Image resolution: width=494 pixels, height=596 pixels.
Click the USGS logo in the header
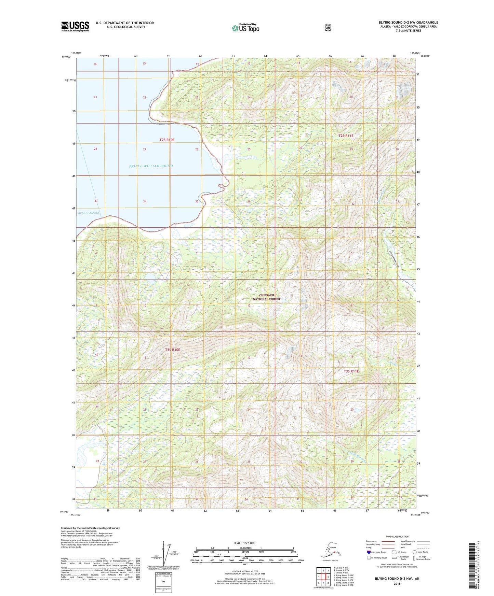(x=75, y=26)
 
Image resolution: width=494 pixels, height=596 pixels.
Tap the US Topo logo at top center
(x=245, y=28)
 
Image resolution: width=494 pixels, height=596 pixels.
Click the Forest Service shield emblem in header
(x=328, y=28)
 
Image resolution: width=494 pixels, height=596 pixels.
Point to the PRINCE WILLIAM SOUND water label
(x=151, y=166)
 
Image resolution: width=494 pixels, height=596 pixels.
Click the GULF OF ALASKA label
(x=89, y=213)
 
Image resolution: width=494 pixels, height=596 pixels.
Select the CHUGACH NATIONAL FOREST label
(x=266, y=297)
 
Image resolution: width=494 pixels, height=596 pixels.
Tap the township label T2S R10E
(x=167, y=140)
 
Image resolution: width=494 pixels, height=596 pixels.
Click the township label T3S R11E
(x=351, y=371)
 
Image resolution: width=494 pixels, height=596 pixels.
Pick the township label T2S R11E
(x=346, y=136)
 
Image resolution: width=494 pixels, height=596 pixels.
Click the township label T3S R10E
(x=172, y=350)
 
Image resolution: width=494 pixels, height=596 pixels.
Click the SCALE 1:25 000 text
(x=244, y=543)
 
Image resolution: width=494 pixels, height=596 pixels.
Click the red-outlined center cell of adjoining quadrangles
(x=323, y=577)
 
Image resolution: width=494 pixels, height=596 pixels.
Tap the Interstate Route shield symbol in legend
(x=369, y=552)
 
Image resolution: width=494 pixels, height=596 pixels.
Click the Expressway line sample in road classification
(x=388, y=541)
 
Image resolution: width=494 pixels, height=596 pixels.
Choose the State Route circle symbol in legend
(x=414, y=552)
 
